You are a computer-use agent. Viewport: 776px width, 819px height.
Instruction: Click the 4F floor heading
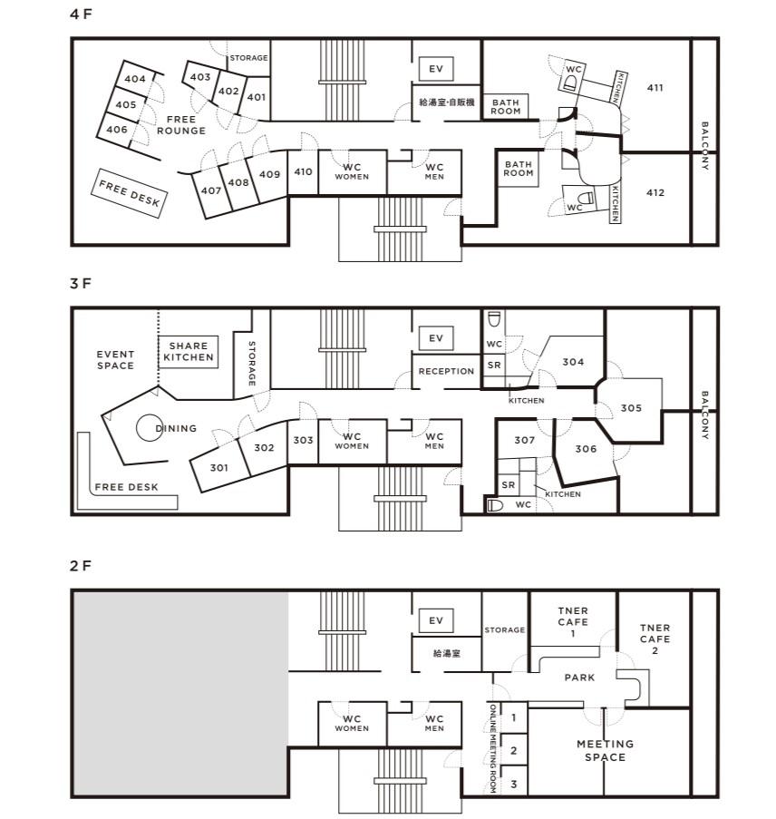coord(81,15)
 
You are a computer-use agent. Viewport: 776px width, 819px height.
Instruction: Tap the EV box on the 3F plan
coord(436,338)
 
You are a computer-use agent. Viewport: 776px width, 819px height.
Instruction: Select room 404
coord(135,79)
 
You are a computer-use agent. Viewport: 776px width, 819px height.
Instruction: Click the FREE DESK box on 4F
coord(130,193)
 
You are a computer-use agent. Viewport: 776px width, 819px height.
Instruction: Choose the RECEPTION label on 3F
coord(447,371)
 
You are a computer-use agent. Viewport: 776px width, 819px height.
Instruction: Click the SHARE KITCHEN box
coord(189,352)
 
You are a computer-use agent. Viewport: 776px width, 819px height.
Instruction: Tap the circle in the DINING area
coord(150,428)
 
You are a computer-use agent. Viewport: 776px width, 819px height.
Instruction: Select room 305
coord(631,408)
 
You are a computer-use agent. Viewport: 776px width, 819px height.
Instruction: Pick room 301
coord(219,468)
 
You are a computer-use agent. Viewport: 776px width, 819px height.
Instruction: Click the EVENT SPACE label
coord(115,360)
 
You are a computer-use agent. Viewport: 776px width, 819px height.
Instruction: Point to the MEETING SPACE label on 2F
coord(606,751)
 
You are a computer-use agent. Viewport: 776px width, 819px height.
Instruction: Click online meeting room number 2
coord(514,750)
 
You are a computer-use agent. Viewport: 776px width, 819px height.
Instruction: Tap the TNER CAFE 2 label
coord(655,639)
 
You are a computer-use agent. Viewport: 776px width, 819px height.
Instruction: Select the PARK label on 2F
coord(579,678)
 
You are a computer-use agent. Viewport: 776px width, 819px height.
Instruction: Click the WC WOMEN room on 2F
coord(353,724)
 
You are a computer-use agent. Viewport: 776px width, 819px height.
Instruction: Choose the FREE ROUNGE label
coord(181,125)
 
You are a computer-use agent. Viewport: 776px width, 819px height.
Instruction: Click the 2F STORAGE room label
coord(504,630)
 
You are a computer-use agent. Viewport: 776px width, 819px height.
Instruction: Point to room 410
coord(303,172)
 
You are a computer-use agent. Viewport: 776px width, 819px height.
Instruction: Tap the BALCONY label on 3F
coord(705,415)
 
